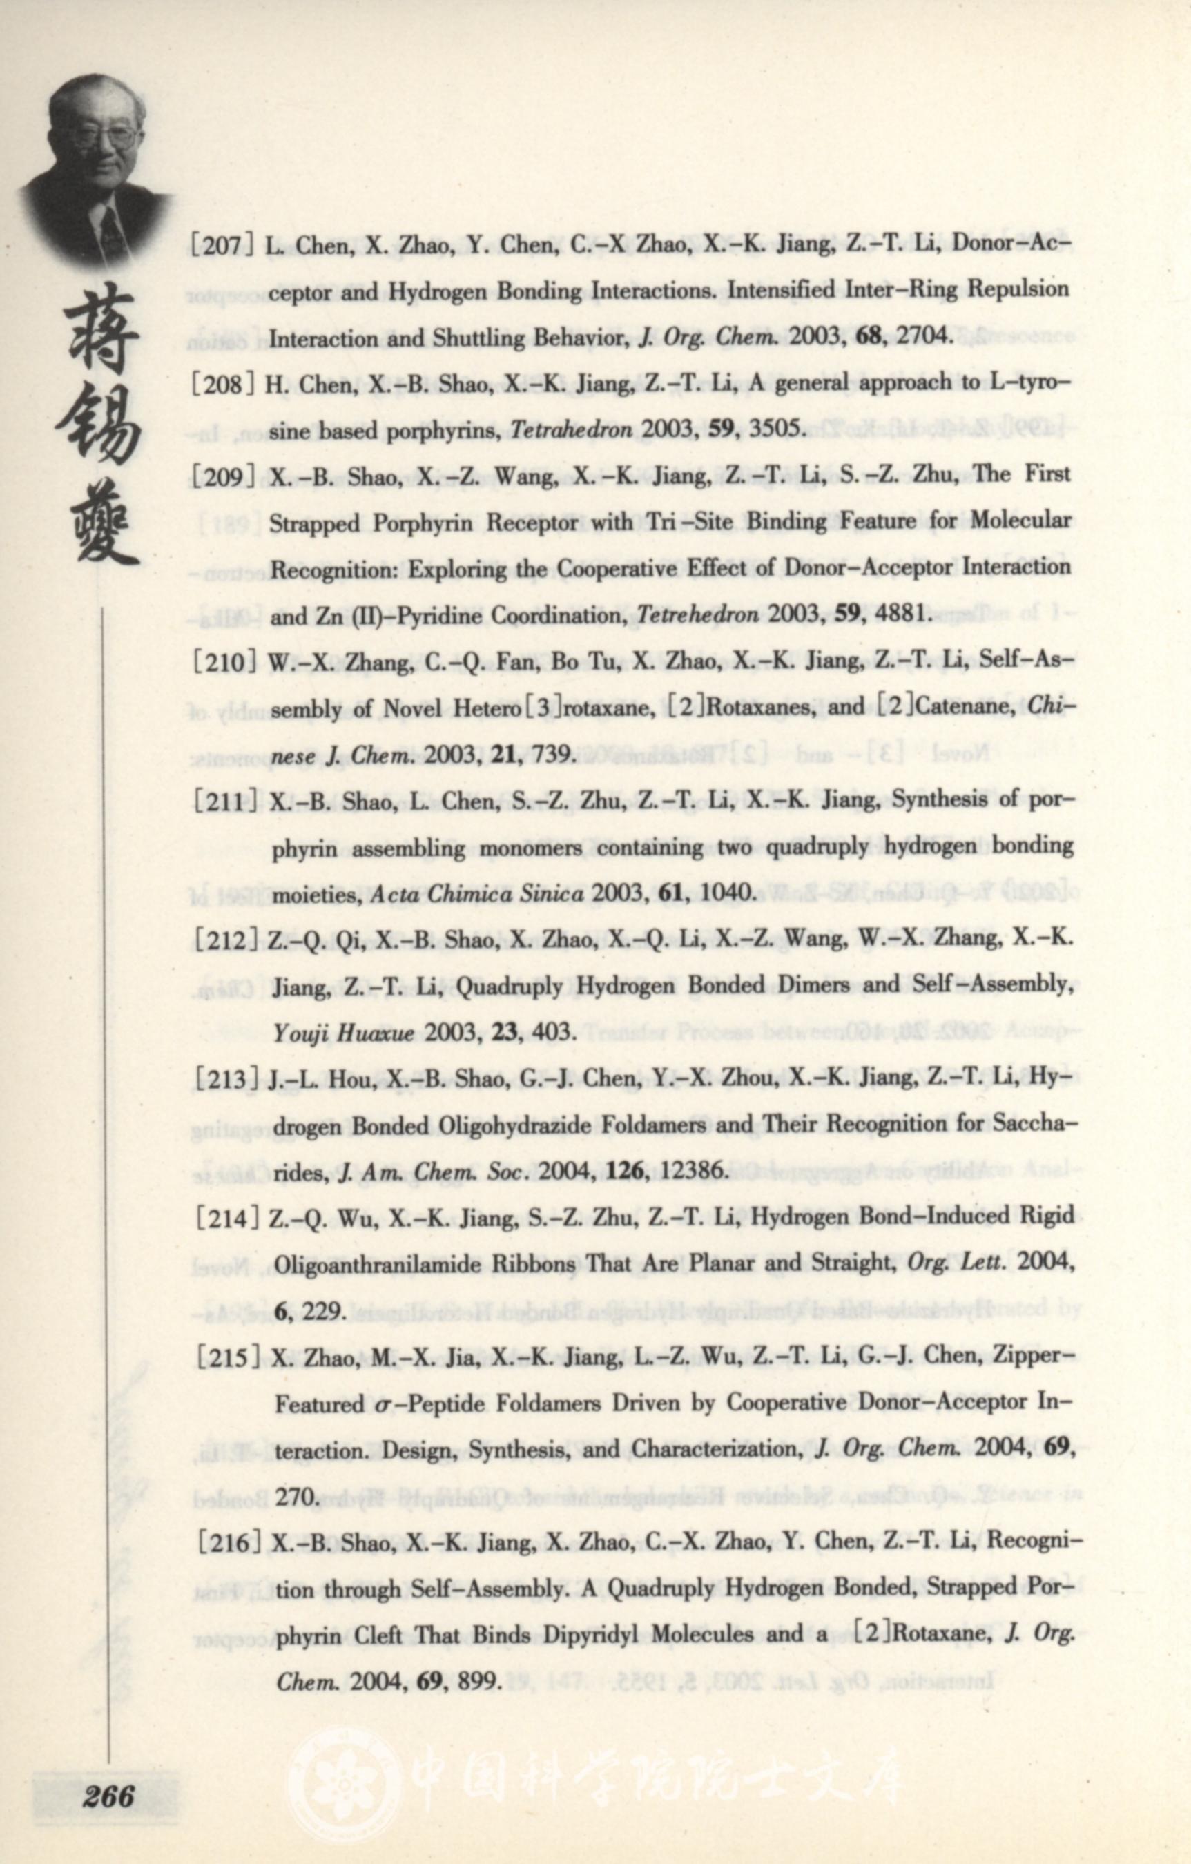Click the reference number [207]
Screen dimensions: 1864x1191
click(224, 246)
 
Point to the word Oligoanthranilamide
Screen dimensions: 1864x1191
click(380, 1264)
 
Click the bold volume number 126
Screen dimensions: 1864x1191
click(626, 1171)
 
